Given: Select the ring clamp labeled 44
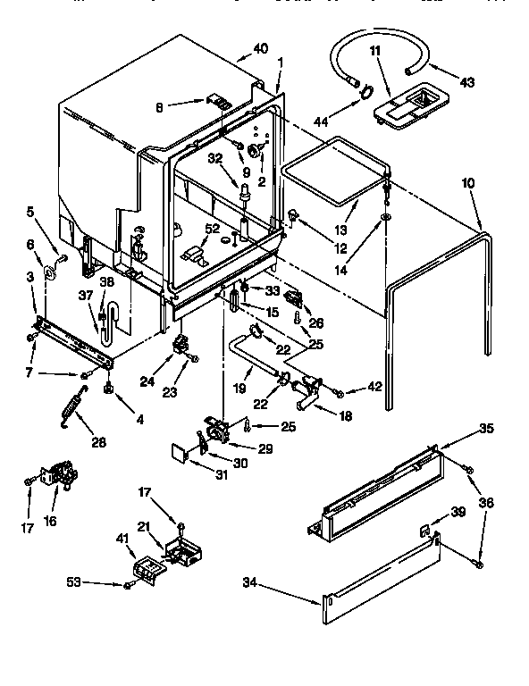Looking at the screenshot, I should [x=365, y=91].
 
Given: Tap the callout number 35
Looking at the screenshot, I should [x=486, y=428].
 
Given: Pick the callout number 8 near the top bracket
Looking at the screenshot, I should [x=160, y=108].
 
